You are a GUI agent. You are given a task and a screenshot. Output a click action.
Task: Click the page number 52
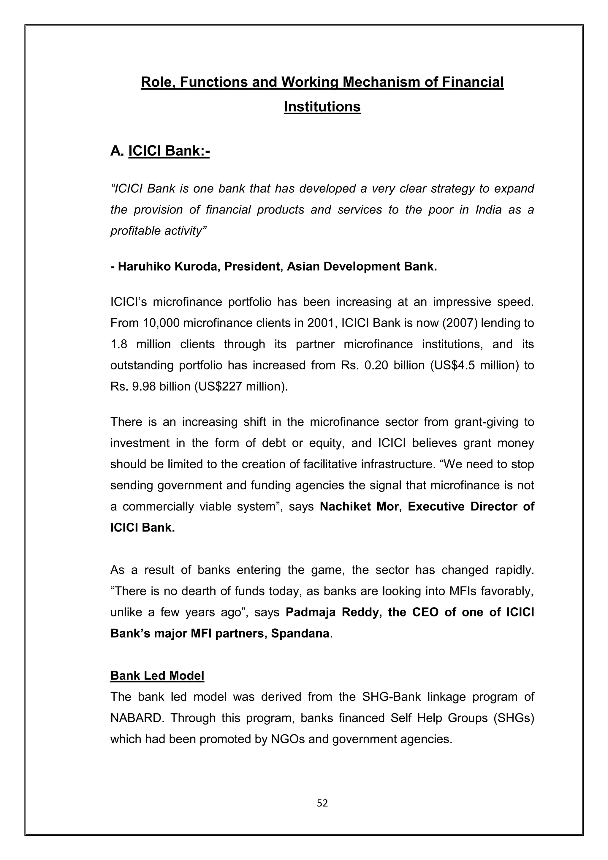[322, 803]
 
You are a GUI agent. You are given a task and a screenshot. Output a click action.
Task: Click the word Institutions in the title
[322, 107]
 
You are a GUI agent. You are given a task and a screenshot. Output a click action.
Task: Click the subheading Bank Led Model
[157, 676]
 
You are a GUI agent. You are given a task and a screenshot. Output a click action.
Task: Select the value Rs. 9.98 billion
[150, 386]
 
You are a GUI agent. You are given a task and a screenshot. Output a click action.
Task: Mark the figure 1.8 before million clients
[119, 344]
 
